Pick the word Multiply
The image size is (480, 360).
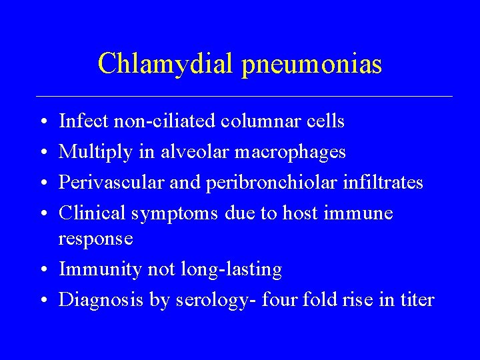coord(97,153)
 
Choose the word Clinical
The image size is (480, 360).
coord(93,213)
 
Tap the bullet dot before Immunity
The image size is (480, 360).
coord(42,270)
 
